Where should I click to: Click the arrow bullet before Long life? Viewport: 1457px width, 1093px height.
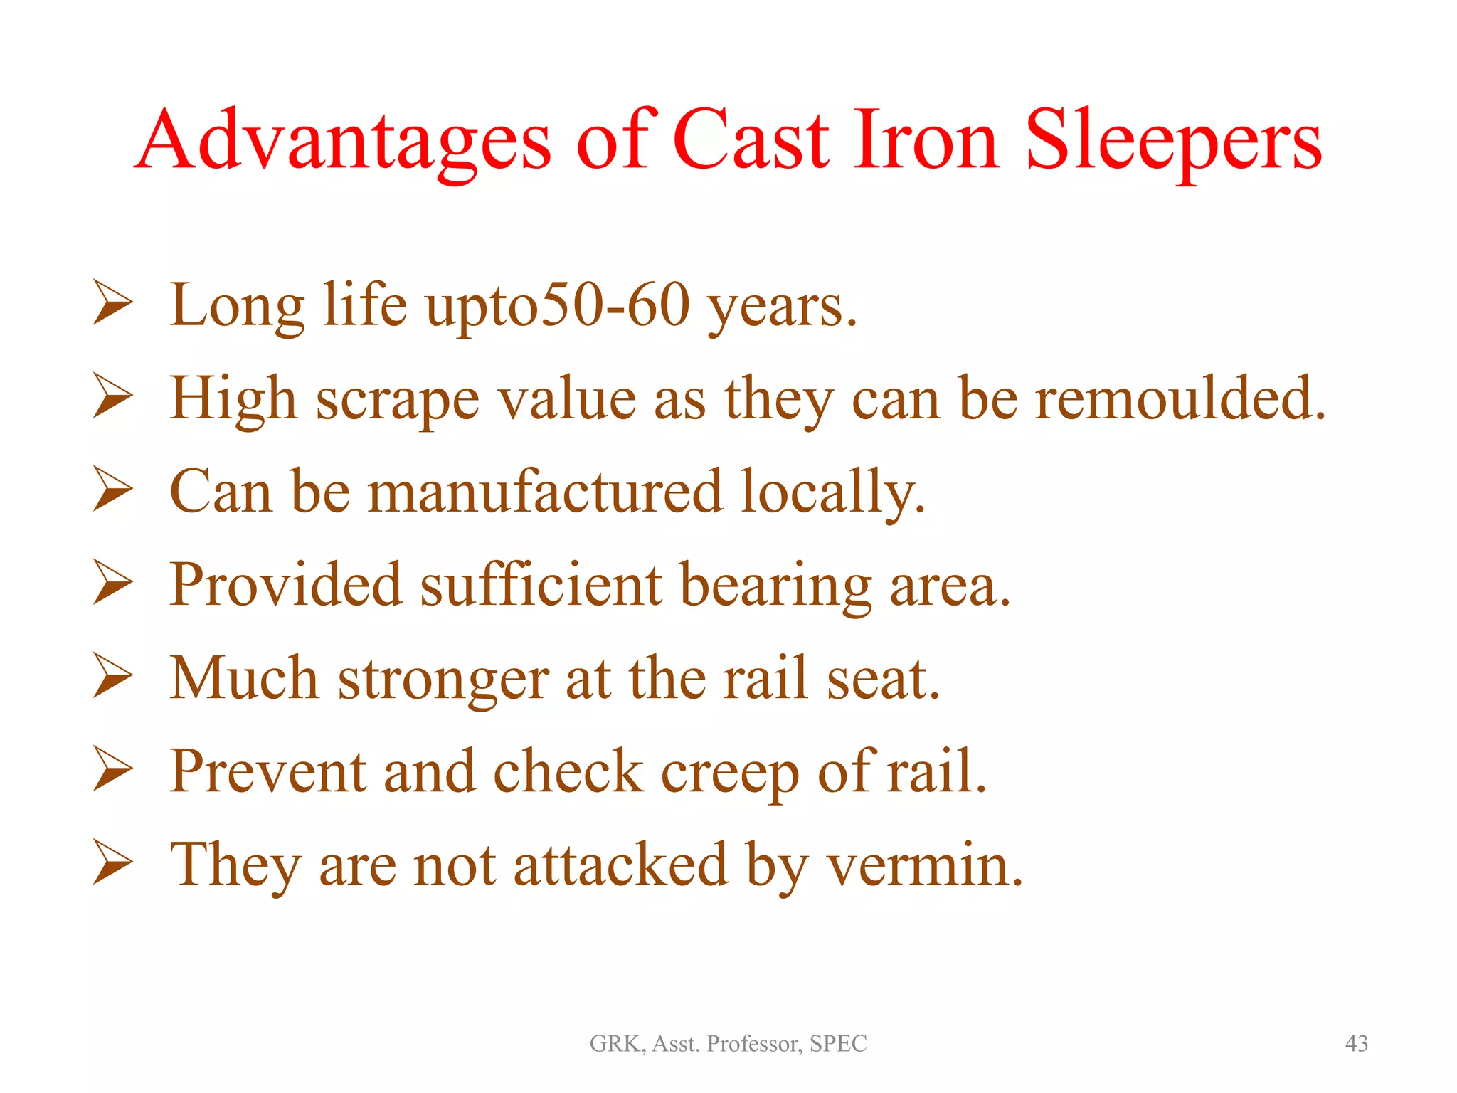tap(112, 304)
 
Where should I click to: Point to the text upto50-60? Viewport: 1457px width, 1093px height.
tap(558, 306)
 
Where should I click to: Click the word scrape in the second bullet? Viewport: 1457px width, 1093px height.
tap(397, 400)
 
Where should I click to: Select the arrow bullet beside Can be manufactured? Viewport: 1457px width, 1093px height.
tap(112, 490)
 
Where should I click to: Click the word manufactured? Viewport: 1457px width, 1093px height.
tap(545, 492)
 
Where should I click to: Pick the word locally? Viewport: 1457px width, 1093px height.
tap(832, 493)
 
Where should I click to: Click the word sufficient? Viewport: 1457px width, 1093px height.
tap(541, 585)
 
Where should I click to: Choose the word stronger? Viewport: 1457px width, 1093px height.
tap(443, 680)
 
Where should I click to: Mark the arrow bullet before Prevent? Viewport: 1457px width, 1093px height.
tap(112, 770)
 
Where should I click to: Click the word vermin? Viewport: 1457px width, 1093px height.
tap(925, 865)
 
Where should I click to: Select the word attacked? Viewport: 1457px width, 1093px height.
tap(620, 865)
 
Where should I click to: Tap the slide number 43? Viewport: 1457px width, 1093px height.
tap(1356, 1044)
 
